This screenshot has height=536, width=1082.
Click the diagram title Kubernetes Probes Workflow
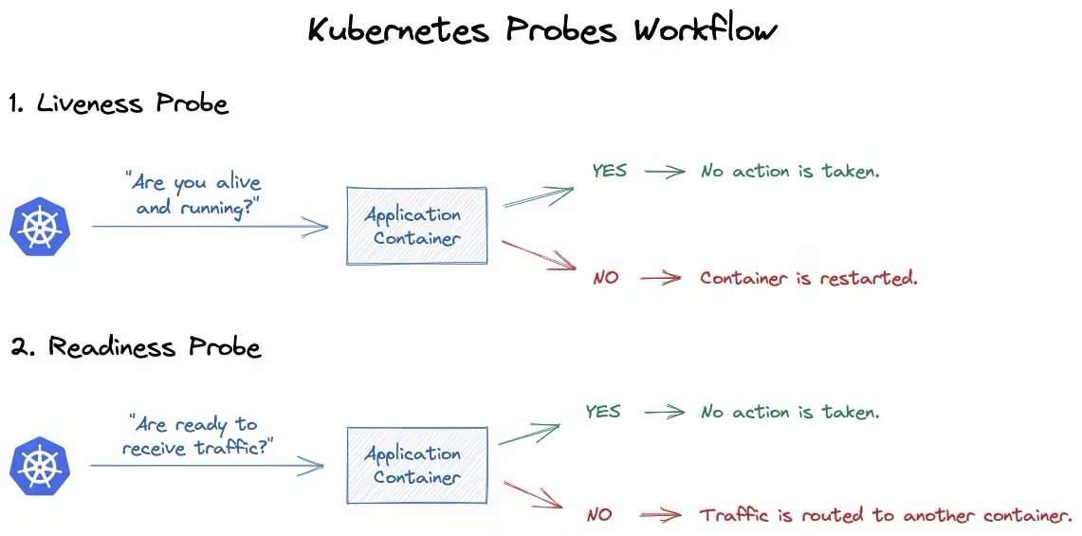tap(542, 30)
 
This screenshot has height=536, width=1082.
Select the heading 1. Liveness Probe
tap(119, 103)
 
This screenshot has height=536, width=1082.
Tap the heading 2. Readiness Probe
tap(136, 347)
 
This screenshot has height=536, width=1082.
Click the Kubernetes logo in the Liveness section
tap(40, 228)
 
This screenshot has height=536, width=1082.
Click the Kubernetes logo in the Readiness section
tap(40, 467)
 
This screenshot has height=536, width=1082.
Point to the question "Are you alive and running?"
tap(193, 194)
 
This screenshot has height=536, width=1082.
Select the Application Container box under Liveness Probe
tap(417, 226)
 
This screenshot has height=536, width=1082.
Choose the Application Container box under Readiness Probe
tap(417, 466)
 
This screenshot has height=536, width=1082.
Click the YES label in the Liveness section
tap(610, 171)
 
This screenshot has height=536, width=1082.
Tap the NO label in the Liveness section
tap(605, 279)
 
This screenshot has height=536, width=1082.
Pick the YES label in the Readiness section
tap(603, 412)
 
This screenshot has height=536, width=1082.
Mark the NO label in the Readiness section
tap(599, 516)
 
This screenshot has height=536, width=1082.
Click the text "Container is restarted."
tap(809, 279)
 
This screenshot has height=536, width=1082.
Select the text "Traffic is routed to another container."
tap(886, 516)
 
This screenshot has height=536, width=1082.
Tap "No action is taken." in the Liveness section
tap(790, 172)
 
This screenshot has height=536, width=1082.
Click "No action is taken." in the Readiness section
tap(790, 413)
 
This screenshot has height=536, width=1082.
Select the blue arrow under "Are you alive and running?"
tap(210, 227)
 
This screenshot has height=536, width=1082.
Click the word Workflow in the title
tap(706, 30)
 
